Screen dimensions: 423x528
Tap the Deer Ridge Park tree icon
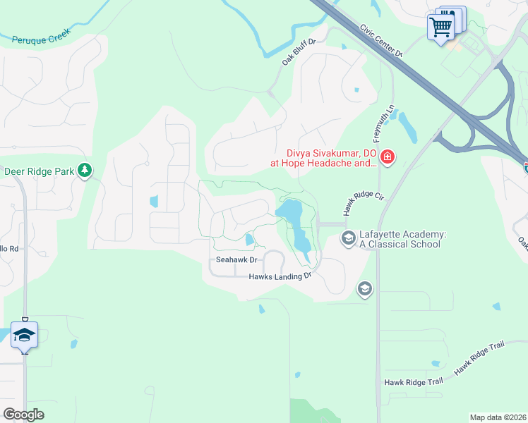[x=85, y=171]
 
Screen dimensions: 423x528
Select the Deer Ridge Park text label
[x=40, y=171]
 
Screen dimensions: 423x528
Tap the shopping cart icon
[x=441, y=27]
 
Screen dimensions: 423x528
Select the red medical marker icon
[x=387, y=158]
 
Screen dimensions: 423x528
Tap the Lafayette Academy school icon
[x=347, y=238]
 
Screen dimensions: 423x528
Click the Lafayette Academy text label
[x=400, y=239]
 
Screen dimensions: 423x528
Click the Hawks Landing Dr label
[x=280, y=276]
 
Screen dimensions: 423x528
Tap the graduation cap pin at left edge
[x=24, y=334]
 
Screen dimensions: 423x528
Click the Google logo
[x=23, y=415]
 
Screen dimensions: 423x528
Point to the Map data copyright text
[x=498, y=417]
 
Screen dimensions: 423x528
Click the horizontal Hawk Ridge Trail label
[x=414, y=381]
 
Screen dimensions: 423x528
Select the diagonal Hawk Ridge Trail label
[x=479, y=357]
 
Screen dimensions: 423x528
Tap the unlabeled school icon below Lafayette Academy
[x=364, y=288]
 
